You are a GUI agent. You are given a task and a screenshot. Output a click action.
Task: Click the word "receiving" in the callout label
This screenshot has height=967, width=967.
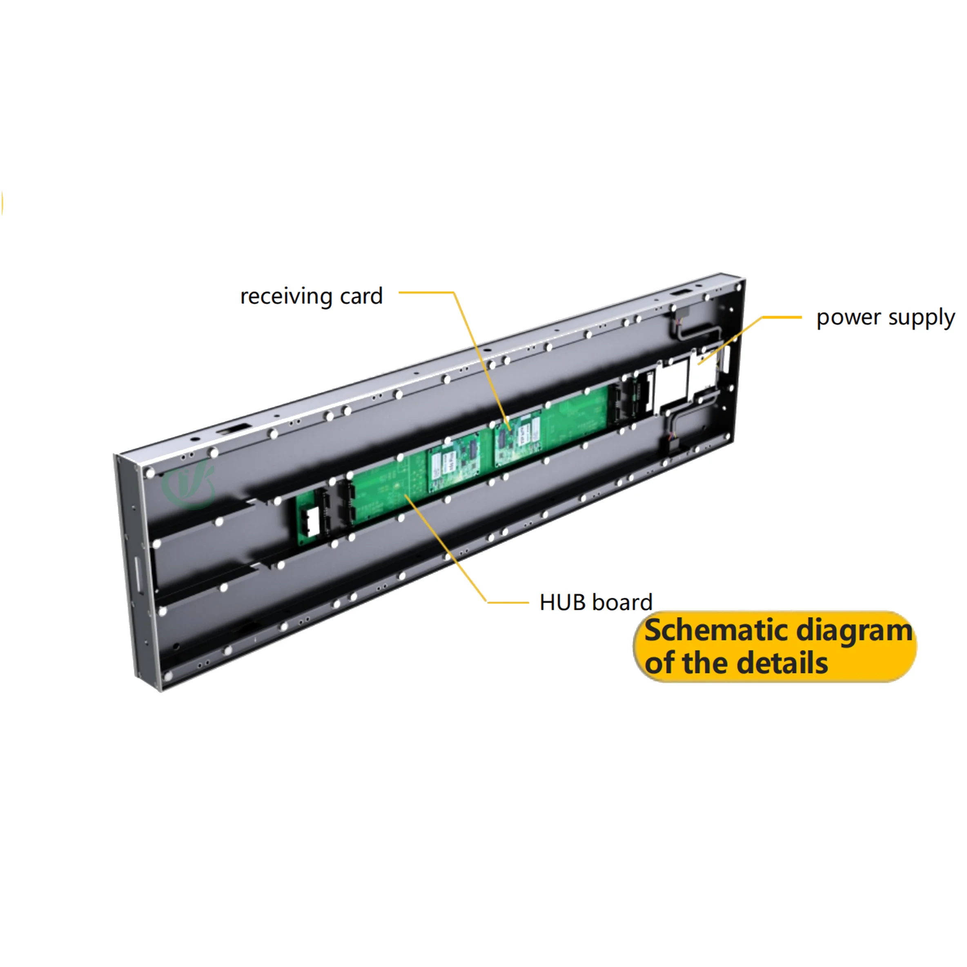[x=286, y=296]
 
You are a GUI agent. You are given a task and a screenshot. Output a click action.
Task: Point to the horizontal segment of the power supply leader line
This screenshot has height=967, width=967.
[x=781, y=317]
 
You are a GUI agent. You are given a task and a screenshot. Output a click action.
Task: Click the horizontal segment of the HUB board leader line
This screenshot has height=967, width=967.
[x=508, y=602]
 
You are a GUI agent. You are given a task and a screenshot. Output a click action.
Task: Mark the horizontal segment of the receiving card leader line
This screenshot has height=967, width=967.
[x=426, y=292]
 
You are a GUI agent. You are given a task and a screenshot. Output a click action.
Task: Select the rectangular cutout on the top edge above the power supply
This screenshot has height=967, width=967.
[x=681, y=292]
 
